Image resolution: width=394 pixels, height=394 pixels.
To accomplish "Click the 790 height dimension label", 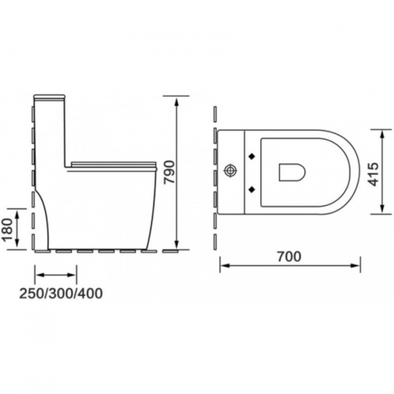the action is (x=169, y=173).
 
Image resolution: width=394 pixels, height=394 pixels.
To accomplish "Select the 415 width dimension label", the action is (x=374, y=174).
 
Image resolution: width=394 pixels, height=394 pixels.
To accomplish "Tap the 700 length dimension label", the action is (x=289, y=257).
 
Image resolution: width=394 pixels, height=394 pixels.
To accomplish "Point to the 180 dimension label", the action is (x=8, y=229).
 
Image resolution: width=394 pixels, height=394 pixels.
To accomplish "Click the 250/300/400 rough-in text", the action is (x=61, y=294).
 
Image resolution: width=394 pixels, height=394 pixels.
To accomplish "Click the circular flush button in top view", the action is (x=230, y=171).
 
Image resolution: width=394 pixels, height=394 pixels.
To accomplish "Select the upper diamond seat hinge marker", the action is (x=252, y=156).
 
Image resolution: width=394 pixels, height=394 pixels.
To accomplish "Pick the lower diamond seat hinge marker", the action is (x=252, y=189).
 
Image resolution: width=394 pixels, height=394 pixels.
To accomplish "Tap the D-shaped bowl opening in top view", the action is (x=292, y=172).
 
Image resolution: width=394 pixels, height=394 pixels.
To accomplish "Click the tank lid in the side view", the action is (x=49, y=97).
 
